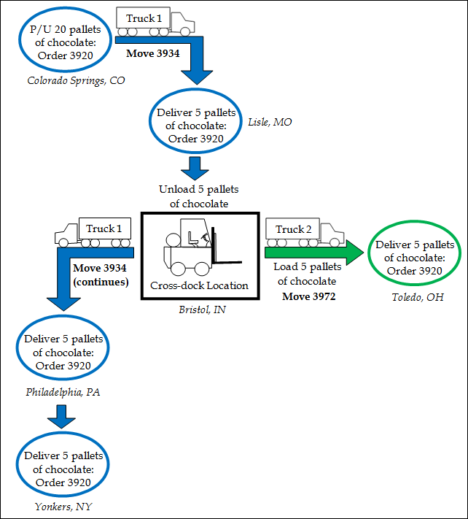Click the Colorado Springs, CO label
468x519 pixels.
pyautogui.click(x=76, y=80)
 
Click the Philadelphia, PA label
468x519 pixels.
pyautogui.click(x=63, y=392)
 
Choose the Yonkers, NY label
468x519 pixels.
pyautogui.click(x=63, y=506)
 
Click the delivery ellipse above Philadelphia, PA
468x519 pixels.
pyautogui.click(x=63, y=353)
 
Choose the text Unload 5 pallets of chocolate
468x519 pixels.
pyautogui.click(x=198, y=196)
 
